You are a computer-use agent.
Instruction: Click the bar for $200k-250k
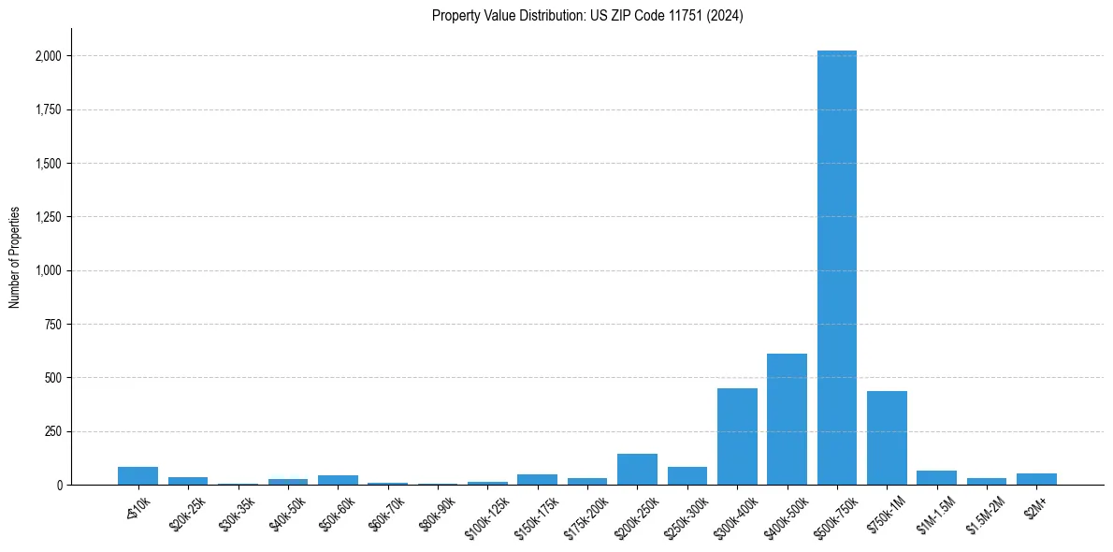[637, 470]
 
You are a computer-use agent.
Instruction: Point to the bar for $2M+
[1036, 479]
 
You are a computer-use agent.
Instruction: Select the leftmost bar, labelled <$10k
[137, 475]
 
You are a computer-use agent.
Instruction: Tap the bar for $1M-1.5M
[936, 478]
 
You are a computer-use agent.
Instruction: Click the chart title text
[587, 16]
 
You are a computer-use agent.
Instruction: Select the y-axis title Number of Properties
[15, 256]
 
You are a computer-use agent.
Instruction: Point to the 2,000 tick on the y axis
[48, 56]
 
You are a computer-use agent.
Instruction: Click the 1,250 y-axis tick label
[48, 217]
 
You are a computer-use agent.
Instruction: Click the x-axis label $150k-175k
[537, 513]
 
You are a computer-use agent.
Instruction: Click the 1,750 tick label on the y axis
[48, 109]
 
